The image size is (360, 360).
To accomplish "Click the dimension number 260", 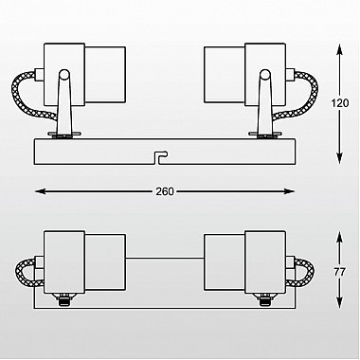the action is (165, 191).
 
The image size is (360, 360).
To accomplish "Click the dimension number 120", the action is (340, 103).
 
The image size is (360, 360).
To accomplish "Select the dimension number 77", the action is (340, 272).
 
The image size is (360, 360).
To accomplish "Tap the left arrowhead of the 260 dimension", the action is (41, 191).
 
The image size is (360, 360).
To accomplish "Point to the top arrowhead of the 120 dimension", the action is (339, 50).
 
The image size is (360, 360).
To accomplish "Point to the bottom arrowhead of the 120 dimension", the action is (339, 157).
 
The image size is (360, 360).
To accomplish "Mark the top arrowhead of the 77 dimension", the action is (339, 238).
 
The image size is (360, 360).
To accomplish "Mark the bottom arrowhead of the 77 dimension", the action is (339, 301).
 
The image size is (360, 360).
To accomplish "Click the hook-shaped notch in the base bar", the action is (160, 156).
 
